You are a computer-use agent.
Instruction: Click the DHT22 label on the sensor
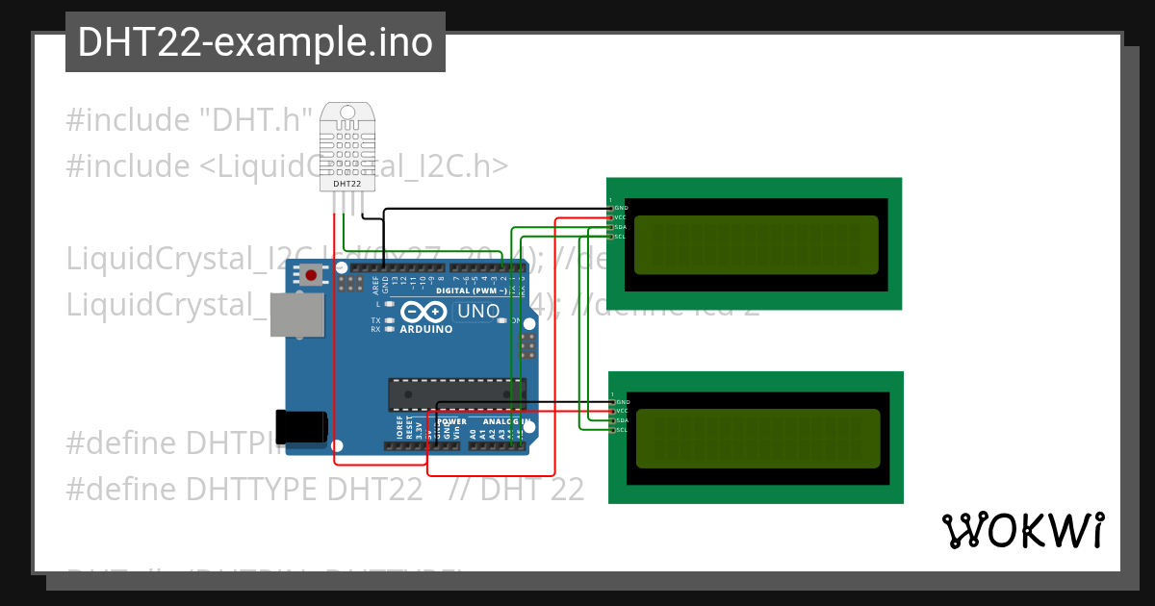pyautogui.click(x=346, y=183)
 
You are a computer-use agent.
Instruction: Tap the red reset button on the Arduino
pyautogui.click(x=311, y=276)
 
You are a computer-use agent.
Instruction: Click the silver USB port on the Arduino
pyautogui.click(x=296, y=315)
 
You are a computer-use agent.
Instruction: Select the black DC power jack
pyautogui.click(x=301, y=426)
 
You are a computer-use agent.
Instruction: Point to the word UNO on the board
pyautogui.click(x=477, y=312)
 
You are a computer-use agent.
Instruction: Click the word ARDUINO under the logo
pyautogui.click(x=425, y=329)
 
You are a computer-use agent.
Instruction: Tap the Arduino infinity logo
pyautogui.click(x=424, y=312)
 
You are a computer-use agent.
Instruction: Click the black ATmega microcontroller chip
pyautogui.click(x=456, y=392)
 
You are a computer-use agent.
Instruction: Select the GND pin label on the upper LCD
pyautogui.click(x=622, y=208)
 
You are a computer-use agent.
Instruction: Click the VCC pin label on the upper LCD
pyautogui.click(x=622, y=217)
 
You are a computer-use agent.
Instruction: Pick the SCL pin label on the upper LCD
pyautogui.click(x=622, y=237)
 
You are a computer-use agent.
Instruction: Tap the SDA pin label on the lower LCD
pyautogui.click(x=622, y=420)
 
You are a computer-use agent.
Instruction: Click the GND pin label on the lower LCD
pyautogui.click(x=622, y=401)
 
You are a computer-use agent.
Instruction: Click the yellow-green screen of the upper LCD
pyautogui.click(x=757, y=242)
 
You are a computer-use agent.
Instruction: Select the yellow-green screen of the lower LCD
pyautogui.click(x=758, y=437)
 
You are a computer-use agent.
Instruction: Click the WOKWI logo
pyautogui.click(x=1023, y=531)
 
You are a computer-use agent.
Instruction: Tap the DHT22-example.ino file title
pyautogui.click(x=255, y=42)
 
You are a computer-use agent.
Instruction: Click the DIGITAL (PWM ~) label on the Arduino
pyautogui.click(x=472, y=290)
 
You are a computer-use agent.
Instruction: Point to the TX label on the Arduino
pyautogui.click(x=375, y=319)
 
